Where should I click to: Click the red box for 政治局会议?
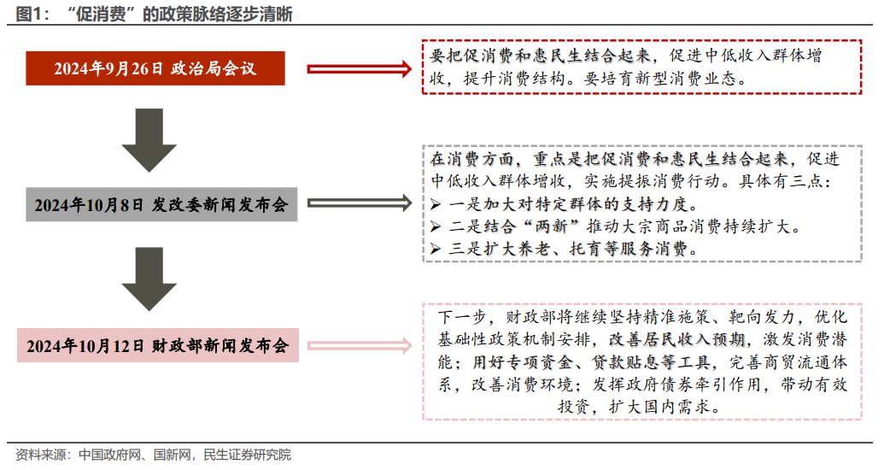tap(155, 68)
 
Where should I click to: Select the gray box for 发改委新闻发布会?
tap(161, 204)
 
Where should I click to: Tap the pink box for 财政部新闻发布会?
tap(158, 345)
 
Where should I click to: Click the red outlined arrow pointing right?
tap(359, 69)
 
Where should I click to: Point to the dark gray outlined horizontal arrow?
tap(359, 203)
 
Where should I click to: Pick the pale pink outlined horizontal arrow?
tap(359, 345)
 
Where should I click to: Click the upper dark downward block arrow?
tap(149, 140)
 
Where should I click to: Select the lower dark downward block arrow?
tap(149, 279)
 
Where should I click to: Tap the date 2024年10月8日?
tap(89, 205)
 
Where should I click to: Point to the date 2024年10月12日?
tap(85, 346)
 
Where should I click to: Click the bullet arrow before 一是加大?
tap(436, 203)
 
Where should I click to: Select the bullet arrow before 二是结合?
tap(436, 226)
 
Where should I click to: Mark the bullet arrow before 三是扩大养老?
tap(436, 249)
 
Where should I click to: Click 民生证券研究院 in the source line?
tap(247, 455)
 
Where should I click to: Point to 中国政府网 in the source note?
tap(110, 455)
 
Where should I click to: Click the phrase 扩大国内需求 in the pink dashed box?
tap(659, 406)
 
